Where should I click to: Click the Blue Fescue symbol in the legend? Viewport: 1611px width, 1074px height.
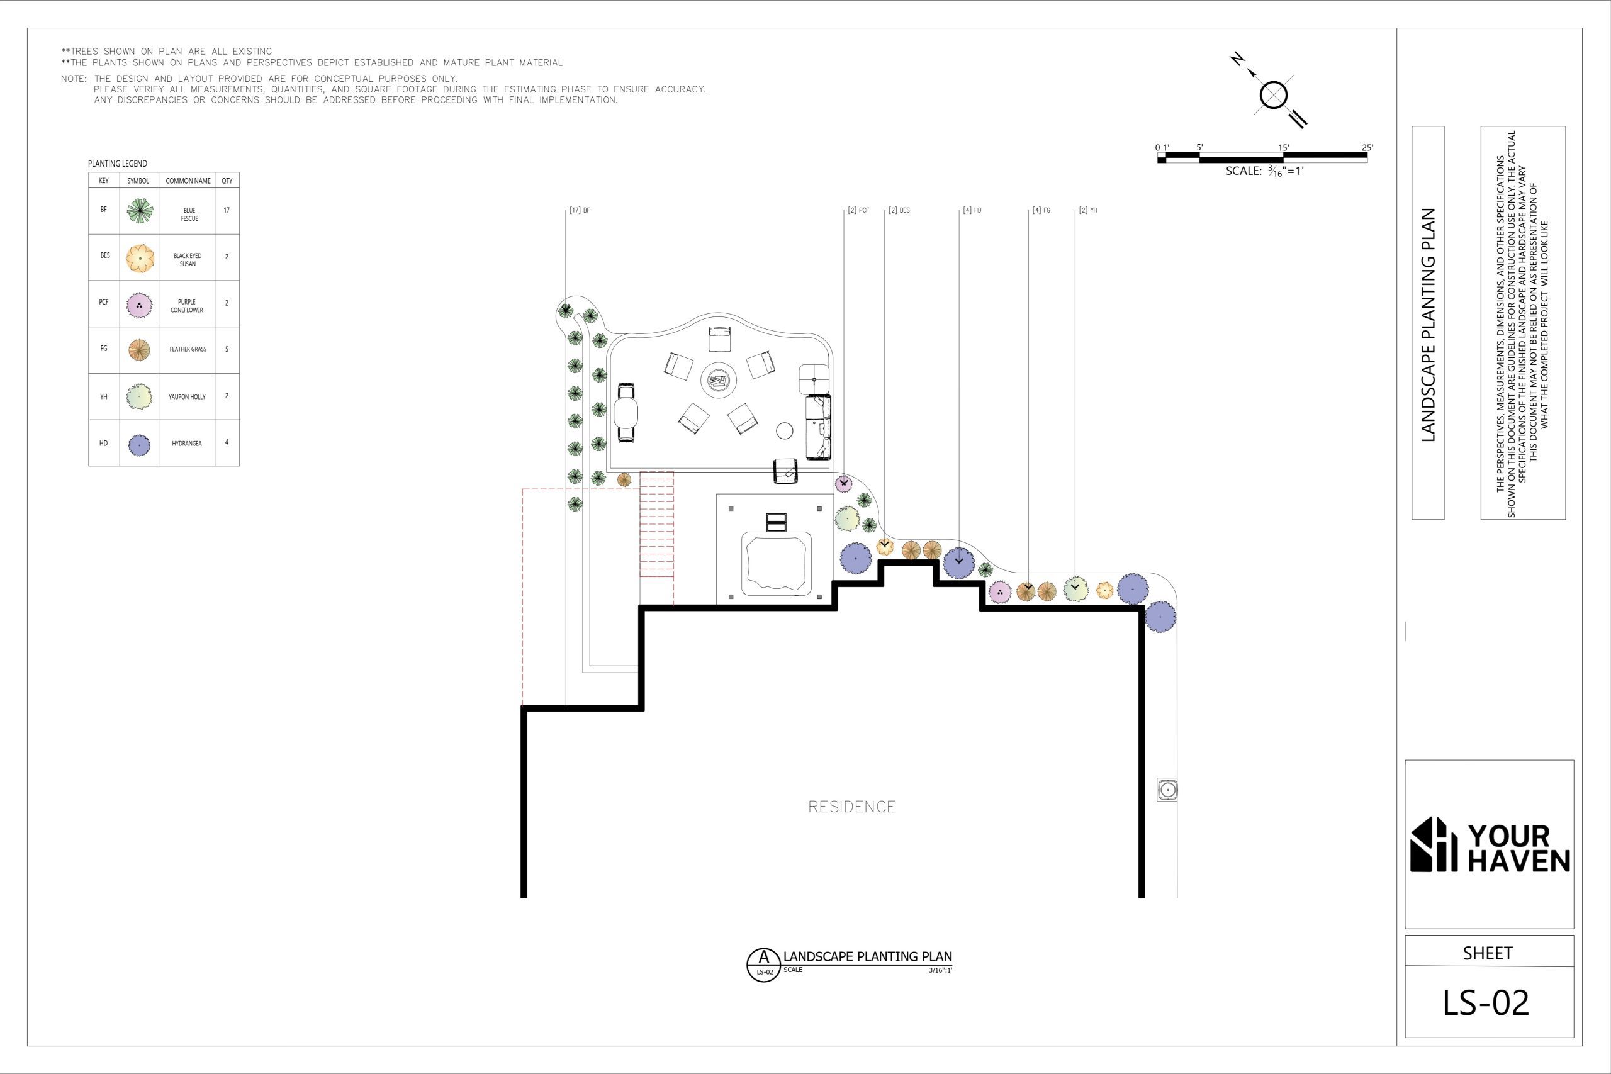coord(140,211)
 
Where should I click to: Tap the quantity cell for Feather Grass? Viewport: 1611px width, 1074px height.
coord(227,349)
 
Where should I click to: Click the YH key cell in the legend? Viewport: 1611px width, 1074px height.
coord(104,396)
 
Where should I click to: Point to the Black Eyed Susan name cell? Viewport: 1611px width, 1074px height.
coord(188,260)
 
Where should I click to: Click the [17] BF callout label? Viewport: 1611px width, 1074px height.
coord(580,210)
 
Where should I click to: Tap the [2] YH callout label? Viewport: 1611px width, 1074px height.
coord(1087,210)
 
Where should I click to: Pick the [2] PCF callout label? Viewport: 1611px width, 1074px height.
coord(858,210)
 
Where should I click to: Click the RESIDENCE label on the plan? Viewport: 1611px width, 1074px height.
coord(852,807)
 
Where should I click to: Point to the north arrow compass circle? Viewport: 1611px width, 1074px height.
coord(1273,95)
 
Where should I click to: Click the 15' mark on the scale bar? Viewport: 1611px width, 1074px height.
coord(1284,147)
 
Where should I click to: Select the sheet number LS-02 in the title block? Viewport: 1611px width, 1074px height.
coord(1486,1003)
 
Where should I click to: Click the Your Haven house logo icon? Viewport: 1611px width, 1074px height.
coord(1434,844)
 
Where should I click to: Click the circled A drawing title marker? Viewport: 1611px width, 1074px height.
coord(763,965)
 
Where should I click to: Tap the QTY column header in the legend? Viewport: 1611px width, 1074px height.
coord(227,181)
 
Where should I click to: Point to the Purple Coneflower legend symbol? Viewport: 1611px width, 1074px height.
coord(139,305)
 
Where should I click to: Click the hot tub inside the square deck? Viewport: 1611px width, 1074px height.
coord(777,564)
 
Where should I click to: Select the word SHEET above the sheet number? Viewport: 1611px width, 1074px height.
coord(1488,953)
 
